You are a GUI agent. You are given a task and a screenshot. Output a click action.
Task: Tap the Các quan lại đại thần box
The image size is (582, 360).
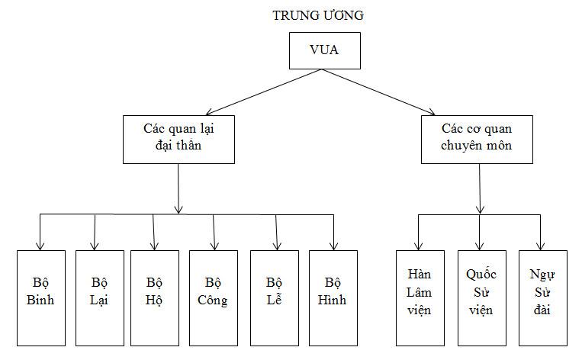(178, 139)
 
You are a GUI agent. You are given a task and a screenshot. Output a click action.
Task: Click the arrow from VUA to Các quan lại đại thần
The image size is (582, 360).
(229, 92)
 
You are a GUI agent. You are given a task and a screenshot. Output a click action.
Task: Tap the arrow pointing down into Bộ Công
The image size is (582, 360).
(214, 232)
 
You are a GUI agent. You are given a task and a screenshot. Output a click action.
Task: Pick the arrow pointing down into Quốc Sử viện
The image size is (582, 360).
(480, 232)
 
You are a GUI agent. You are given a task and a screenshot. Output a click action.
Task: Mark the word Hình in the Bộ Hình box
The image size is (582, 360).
(333, 301)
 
